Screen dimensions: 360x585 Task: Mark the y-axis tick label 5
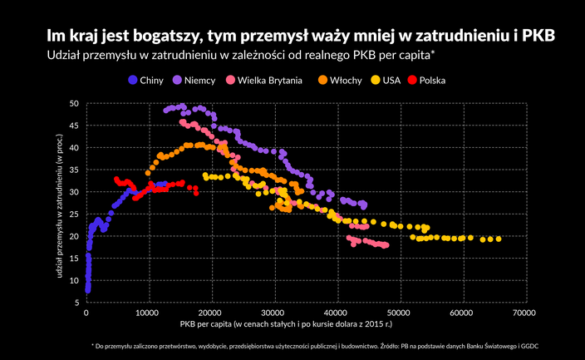click(76, 303)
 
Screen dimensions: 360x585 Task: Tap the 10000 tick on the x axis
click(149, 313)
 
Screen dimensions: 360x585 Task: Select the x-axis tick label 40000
click(337, 313)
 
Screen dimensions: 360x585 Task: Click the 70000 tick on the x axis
click(524, 313)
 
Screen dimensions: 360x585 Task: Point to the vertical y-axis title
click(61, 204)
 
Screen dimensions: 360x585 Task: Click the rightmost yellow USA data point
click(498, 239)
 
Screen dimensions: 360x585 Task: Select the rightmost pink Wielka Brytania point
click(386, 245)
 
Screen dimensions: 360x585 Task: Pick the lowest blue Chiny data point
click(87, 290)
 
